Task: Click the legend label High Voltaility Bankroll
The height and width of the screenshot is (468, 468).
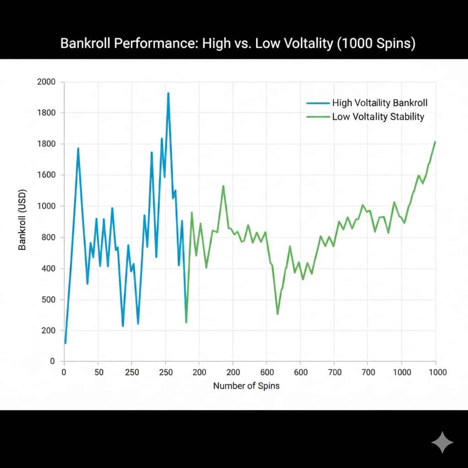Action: [x=379, y=103]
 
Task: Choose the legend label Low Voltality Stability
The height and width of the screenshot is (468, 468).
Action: [x=378, y=117]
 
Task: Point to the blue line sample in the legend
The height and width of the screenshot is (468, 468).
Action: [x=317, y=103]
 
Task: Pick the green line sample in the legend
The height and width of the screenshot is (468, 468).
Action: [x=317, y=117]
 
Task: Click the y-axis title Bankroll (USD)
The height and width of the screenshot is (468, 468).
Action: [x=22, y=219]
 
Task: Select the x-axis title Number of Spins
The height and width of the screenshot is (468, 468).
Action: [x=246, y=385]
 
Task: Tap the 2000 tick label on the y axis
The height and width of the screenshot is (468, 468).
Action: [x=46, y=82]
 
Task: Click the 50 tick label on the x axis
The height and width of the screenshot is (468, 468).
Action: [x=99, y=372]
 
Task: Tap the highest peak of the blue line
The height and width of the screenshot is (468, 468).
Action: [x=168, y=93]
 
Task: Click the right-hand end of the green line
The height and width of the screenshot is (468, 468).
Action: [x=435, y=142]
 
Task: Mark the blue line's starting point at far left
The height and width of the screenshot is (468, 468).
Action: [x=65, y=342]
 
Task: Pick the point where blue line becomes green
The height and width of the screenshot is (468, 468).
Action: [x=186, y=322]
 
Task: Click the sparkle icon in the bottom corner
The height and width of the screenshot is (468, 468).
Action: [x=442, y=442]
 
